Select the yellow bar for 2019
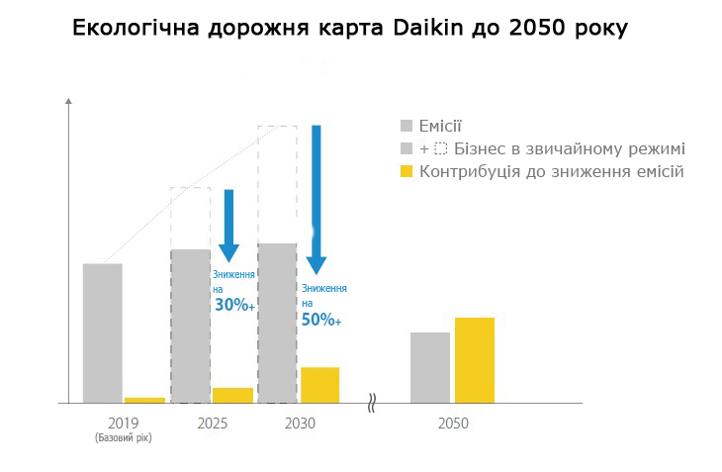pyautogui.click(x=144, y=400)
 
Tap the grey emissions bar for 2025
pyautogui.click(x=190, y=326)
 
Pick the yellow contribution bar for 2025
pyautogui.click(x=232, y=395)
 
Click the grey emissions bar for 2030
pyautogui.click(x=277, y=323)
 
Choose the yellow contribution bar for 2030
pyautogui.click(x=319, y=385)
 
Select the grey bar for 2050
pyautogui.click(x=430, y=367)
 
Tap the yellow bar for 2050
pyautogui.click(x=475, y=360)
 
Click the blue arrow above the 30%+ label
pyautogui.click(x=228, y=225)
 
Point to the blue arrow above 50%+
pyautogui.click(x=316, y=198)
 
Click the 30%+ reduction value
pyautogui.click(x=234, y=306)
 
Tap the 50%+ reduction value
pyautogui.click(x=321, y=321)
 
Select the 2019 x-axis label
pyautogui.click(x=124, y=424)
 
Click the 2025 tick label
pyautogui.click(x=212, y=424)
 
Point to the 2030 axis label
pyautogui.click(x=300, y=424)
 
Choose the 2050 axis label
pyautogui.click(x=453, y=424)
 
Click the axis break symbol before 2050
pyautogui.click(x=372, y=403)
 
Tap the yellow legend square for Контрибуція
pyautogui.click(x=406, y=172)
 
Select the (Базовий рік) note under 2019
pyautogui.click(x=124, y=437)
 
